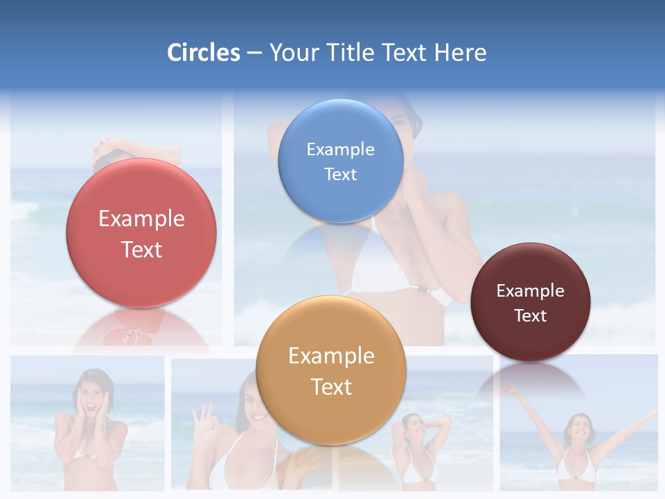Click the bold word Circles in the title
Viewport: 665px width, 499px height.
point(203,53)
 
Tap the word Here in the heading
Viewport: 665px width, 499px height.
point(460,53)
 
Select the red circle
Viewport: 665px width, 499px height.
point(141,233)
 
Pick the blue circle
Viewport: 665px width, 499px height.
point(340,161)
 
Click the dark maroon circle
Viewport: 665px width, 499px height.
point(530,302)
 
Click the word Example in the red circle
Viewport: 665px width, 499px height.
point(141,219)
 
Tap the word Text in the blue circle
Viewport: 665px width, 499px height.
point(340,175)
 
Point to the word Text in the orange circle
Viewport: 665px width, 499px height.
point(331,387)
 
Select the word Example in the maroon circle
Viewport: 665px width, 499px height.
point(530,291)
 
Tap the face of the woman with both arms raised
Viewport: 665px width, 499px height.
point(578,427)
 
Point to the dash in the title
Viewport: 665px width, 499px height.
point(254,53)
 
